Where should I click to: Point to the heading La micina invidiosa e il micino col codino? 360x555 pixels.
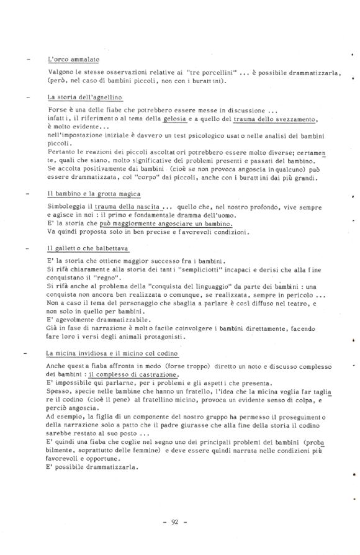[112, 353]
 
